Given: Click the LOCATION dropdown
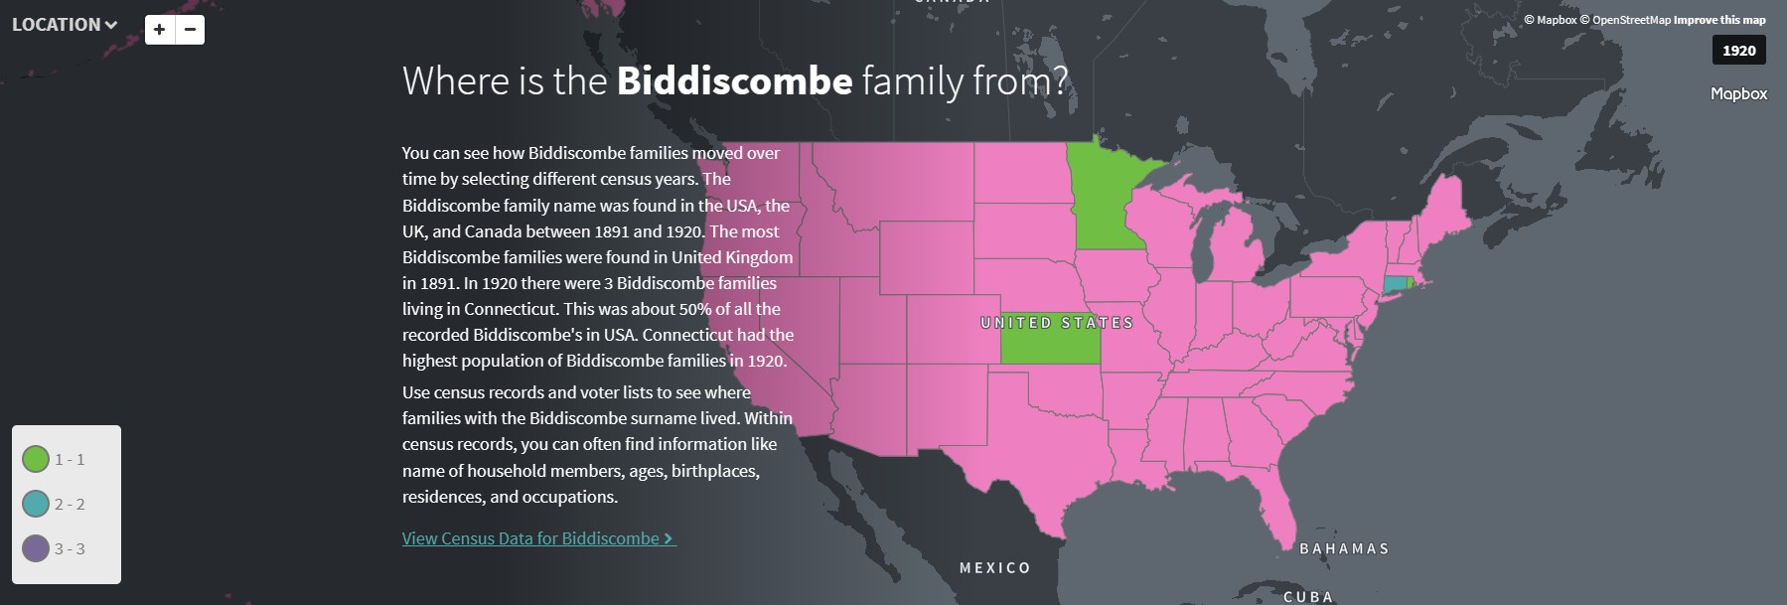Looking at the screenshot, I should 64,25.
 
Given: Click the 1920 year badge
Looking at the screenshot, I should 1738,51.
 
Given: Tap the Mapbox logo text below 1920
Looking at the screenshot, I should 1738,93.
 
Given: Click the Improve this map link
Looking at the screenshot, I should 1719,20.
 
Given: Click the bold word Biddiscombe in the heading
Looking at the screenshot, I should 734,80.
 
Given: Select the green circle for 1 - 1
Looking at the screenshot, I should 36,459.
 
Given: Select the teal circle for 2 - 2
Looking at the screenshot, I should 36,504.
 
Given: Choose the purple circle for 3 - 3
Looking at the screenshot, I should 36,548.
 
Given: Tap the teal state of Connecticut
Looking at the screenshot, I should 1395,284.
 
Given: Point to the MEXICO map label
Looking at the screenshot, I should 994,568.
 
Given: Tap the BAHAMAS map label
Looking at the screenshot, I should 1344,548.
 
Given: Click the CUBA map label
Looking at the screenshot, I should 1308,596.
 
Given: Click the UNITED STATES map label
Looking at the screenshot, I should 1056,323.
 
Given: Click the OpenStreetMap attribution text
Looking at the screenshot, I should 1631,20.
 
